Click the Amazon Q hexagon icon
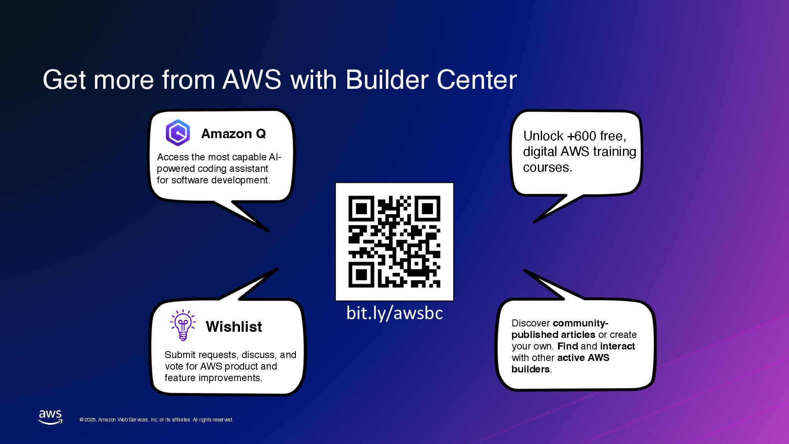click(x=178, y=133)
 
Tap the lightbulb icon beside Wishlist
click(x=183, y=325)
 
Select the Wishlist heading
click(x=234, y=327)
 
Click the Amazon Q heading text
click(x=233, y=134)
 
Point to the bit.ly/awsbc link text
click(x=394, y=313)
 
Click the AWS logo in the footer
click(x=51, y=416)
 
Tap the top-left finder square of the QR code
click(x=361, y=208)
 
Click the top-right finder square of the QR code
click(x=427, y=208)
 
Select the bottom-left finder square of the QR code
click(x=361, y=275)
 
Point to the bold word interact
click(x=617, y=346)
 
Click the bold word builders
click(x=530, y=369)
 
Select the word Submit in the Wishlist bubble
click(x=180, y=355)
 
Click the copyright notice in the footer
click(x=156, y=420)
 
